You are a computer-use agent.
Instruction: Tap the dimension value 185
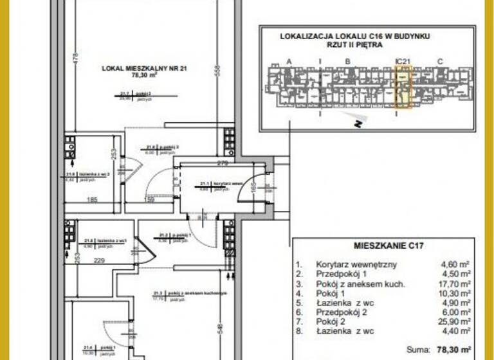click(x=92, y=201)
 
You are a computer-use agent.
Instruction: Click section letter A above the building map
click(x=289, y=61)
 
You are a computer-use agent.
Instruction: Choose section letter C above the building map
click(x=440, y=61)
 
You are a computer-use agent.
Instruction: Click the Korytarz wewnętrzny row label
click(x=347, y=264)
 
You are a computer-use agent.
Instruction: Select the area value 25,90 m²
click(x=456, y=319)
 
